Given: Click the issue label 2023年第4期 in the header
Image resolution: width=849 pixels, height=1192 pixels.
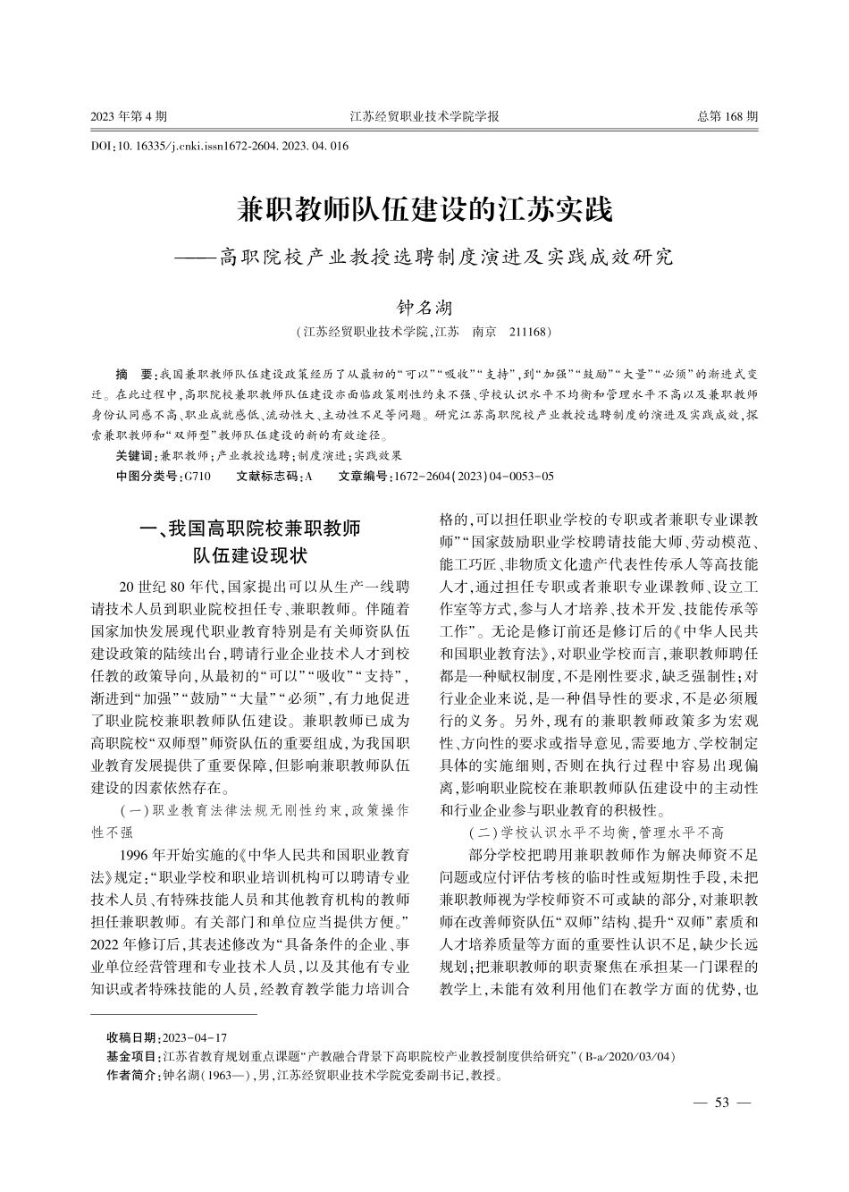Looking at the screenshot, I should pos(129,116).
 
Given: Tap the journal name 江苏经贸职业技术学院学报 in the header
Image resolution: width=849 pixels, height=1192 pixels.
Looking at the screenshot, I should pos(424,116).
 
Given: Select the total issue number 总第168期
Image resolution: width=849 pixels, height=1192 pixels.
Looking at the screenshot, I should pos(727,116).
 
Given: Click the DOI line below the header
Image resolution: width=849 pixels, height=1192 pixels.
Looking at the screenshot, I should pos(220,146).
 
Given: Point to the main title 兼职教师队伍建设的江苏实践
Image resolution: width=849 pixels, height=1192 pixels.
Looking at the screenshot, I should pos(424,211).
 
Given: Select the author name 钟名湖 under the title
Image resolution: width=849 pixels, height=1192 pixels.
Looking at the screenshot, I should pos(424,309).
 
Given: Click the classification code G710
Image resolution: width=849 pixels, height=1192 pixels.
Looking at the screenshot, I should pos(197,477).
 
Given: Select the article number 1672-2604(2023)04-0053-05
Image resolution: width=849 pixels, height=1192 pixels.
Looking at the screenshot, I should pos(474,477).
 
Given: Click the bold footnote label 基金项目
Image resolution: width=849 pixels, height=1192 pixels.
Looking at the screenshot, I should pos(134,1056).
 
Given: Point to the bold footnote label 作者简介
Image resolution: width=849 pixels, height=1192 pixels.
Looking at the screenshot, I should pos(134,1075).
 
